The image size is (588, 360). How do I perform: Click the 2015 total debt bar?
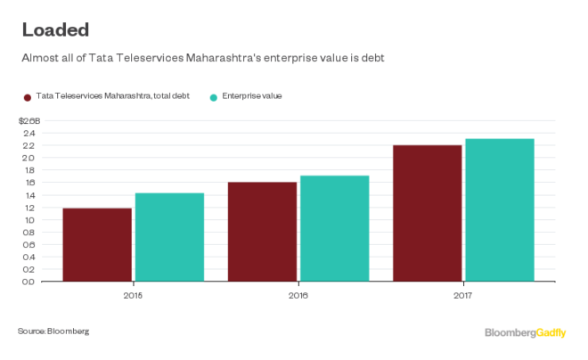click(x=97, y=244)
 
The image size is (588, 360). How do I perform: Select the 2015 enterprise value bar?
click(x=169, y=237)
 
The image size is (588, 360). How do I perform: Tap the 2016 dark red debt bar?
click(x=262, y=232)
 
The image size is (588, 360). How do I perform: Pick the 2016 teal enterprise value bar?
click(x=334, y=228)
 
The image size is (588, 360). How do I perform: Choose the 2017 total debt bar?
click(x=428, y=213)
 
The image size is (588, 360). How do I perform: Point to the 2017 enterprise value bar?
click(x=500, y=209)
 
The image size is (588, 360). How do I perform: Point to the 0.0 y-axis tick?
click(x=29, y=282)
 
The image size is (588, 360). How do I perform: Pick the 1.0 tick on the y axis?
click(x=29, y=220)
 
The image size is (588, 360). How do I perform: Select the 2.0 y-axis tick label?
click(x=29, y=159)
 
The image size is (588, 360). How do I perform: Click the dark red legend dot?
click(x=27, y=95)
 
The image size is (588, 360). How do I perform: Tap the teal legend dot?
click(x=214, y=95)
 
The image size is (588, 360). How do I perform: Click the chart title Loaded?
click(x=55, y=29)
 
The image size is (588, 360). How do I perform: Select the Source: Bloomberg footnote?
click(x=53, y=331)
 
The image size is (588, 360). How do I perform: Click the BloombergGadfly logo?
click(x=526, y=332)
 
